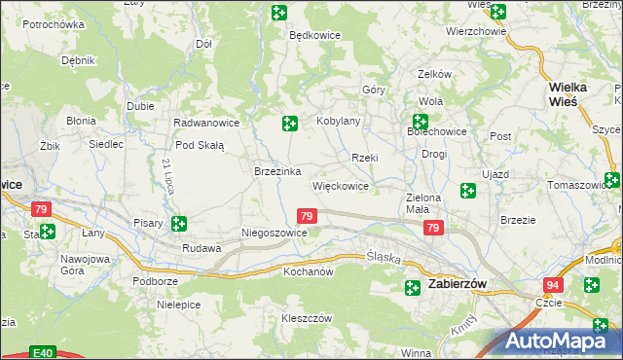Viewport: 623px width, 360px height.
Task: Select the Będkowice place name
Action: [313, 34]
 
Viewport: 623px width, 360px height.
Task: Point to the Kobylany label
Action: [339, 122]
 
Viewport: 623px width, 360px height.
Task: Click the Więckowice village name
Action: [340, 185]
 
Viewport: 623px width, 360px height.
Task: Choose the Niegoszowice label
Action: [275, 234]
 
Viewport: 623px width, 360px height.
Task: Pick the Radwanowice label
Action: [205, 124]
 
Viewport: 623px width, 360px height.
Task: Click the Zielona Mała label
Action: [424, 202]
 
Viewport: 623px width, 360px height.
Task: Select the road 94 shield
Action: [553, 284]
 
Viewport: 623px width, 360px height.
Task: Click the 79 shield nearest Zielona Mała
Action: [434, 229]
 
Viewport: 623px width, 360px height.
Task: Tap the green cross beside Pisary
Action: [179, 224]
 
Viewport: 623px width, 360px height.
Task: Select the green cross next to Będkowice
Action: [279, 13]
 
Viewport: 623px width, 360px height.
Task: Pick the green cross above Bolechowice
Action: [421, 123]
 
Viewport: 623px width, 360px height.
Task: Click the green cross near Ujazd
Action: [468, 191]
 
